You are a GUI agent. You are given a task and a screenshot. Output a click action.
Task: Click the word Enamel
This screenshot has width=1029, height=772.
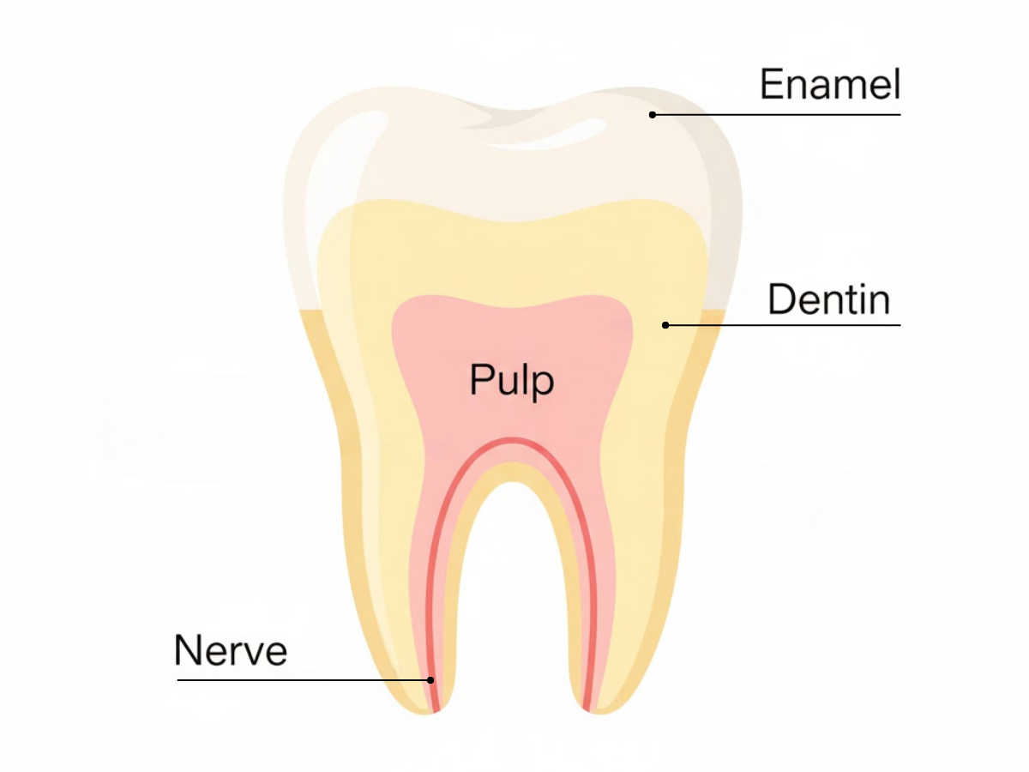(x=829, y=85)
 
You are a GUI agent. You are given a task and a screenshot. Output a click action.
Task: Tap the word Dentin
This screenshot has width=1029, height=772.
(x=828, y=300)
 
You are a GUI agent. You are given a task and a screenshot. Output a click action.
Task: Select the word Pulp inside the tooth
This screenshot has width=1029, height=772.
(x=512, y=380)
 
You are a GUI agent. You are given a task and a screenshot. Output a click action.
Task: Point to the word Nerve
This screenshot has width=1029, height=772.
(x=230, y=650)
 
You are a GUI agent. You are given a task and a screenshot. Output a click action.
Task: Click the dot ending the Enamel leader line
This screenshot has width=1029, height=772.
(x=653, y=114)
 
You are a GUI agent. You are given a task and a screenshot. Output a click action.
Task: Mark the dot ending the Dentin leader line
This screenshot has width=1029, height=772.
(x=665, y=325)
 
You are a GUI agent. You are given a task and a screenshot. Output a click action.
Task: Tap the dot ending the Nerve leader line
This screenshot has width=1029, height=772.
(x=430, y=680)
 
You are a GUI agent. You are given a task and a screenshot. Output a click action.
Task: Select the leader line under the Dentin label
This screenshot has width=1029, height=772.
(x=789, y=325)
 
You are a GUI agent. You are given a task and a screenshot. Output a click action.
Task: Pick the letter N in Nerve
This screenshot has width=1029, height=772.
(x=186, y=650)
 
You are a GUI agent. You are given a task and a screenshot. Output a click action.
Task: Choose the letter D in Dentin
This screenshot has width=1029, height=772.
(x=780, y=300)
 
